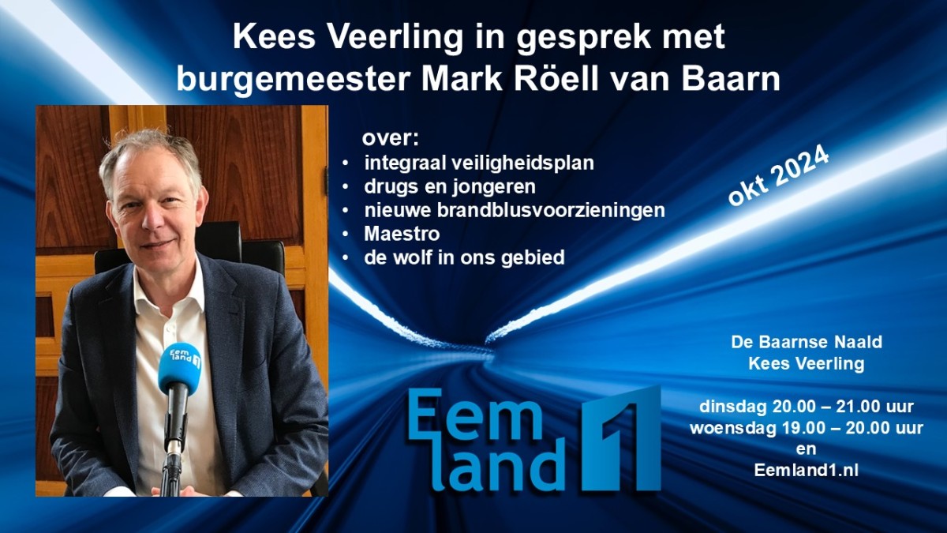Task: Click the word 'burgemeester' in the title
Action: [294, 80]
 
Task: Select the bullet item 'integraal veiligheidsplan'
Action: [479, 163]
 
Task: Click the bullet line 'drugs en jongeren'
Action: [450, 187]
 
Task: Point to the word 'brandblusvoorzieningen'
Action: [551, 210]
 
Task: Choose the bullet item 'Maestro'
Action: [402, 234]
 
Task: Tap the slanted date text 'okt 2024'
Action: [778, 176]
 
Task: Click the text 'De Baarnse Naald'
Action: [807, 342]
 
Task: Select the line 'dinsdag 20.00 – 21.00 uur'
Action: [807, 407]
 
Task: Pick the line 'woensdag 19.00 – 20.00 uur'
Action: [807, 428]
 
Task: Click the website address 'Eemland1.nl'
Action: [807, 471]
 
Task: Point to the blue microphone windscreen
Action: [180, 367]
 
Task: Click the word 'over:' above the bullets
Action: [390, 139]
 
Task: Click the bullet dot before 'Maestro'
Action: [346, 234]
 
